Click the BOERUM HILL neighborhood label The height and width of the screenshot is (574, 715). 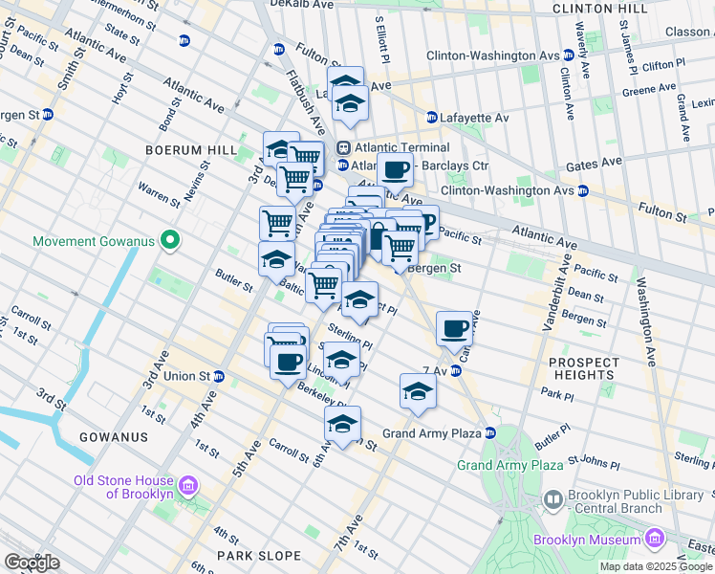click(190, 150)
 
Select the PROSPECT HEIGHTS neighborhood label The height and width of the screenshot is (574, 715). click(583, 368)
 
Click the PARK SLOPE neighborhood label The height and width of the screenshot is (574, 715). click(258, 556)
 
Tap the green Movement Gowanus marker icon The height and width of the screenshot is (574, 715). click(169, 241)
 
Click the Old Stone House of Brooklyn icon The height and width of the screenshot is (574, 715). click(189, 487)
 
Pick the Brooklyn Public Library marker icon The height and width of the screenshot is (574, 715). click(552, 500)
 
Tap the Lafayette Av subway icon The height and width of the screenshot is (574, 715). click(432, 118)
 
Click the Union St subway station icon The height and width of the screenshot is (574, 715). click(218, 376)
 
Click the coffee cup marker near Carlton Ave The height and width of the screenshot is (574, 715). click(454, 330)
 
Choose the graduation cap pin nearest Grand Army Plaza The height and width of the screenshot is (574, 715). click(418, 391)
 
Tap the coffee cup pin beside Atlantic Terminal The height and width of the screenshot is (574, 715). click(394, 172)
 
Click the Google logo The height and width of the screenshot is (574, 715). click(32, 563)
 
